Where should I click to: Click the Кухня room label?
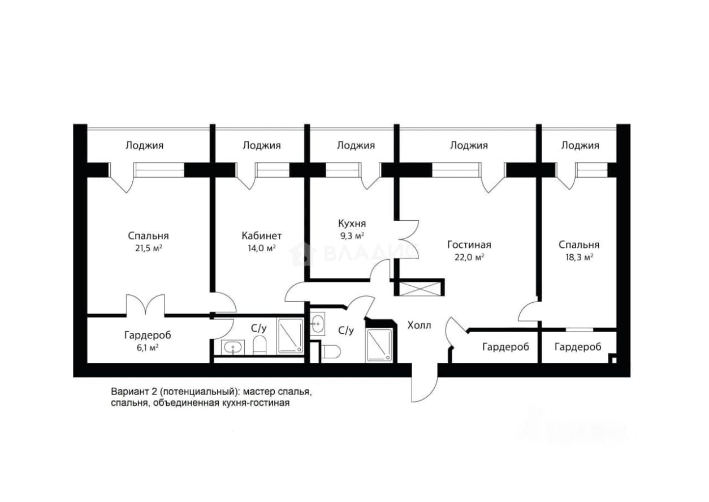[x=352, y=224]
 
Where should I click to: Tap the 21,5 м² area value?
[x=149, y=248]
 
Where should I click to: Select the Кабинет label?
[x=261, y=236]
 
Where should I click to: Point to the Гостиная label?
[x=469, y=244]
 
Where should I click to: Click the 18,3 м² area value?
[x=579, y=258]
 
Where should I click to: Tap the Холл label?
[x=419, y=325]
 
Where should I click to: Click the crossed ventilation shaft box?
[x=420, y=289]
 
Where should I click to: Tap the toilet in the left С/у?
[x=260, y=345]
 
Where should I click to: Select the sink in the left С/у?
[x=233, y=347]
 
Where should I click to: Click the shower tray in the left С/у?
[x=290, y=336]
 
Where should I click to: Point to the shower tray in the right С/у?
[x=379, y=345]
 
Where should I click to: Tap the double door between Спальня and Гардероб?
[x=145, y=305]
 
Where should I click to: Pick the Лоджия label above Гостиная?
[x=469, y=145]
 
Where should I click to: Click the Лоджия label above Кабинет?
[x=262, y=145]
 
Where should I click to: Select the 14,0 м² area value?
[x=261, y=248]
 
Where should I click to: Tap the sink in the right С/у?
[x=317, y=324]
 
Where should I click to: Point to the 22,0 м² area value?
[x=469, y=258]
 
